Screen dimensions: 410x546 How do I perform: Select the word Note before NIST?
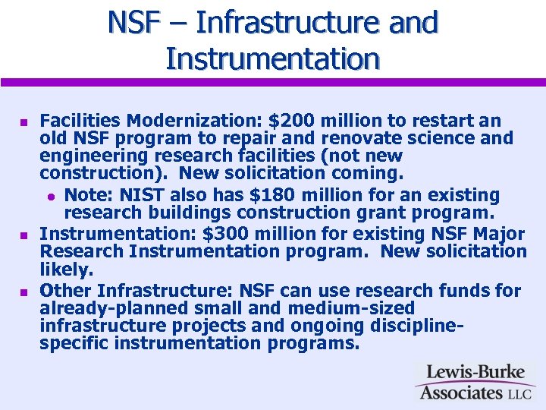pyautogui.click(x=86, y=196)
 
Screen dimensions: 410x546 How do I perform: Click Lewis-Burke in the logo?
pyautogui.click(x=474, y=373)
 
